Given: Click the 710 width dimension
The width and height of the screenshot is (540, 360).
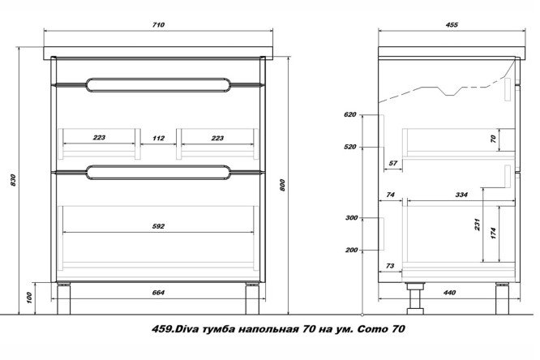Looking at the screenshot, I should click(159, 25).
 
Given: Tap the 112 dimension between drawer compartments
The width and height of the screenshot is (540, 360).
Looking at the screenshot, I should click(158, 138).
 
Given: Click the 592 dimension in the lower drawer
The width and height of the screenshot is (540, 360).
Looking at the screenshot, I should click(158, 226).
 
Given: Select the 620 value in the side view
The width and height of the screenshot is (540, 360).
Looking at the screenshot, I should click(350, 115).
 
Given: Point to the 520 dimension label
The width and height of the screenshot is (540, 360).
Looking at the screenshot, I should click(350, 147).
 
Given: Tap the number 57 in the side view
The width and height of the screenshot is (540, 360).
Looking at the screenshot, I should click(393, 164).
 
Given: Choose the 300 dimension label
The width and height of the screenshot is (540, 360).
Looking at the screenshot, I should click(351, 218).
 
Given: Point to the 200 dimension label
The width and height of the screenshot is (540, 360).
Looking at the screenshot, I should click(351, 250).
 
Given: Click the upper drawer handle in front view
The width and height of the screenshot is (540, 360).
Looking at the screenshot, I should click(158, 84).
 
